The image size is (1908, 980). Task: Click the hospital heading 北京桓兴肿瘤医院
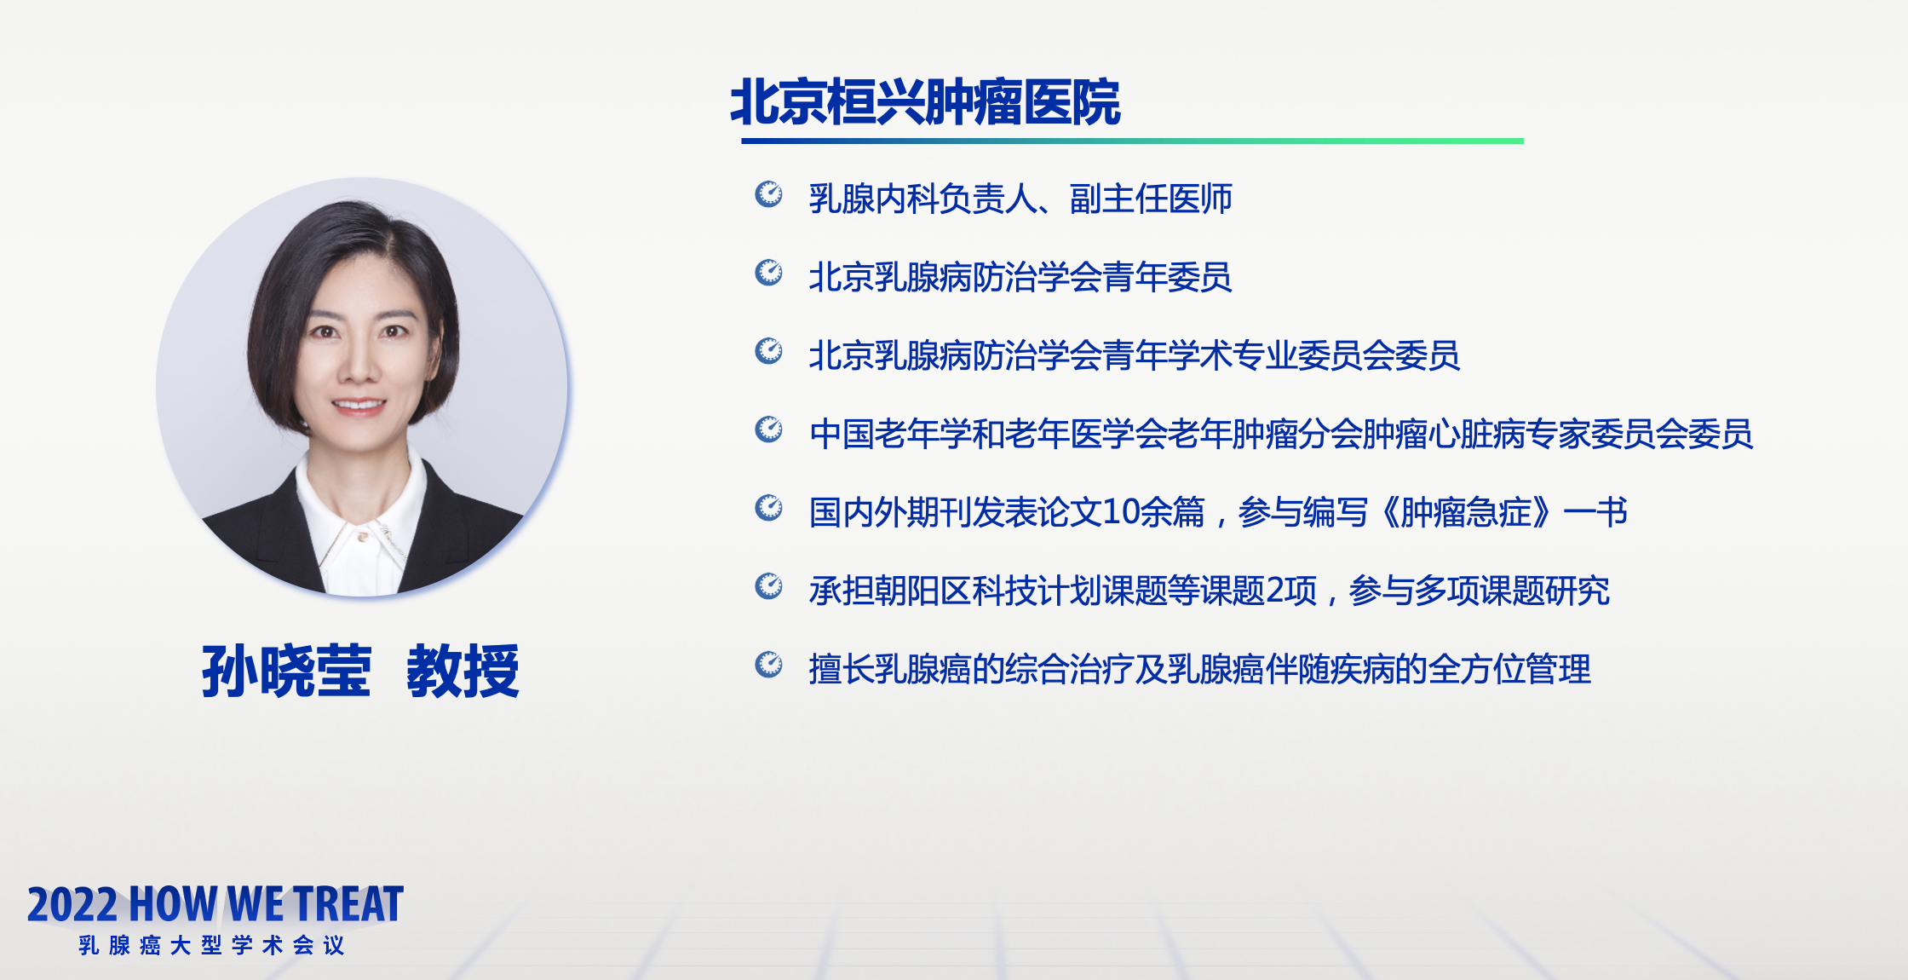tap(925, 102)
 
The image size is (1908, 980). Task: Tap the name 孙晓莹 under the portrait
tap(287, 671)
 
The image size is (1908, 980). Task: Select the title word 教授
tap(463, 671)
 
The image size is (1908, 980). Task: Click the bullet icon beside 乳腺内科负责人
tap(769, 194)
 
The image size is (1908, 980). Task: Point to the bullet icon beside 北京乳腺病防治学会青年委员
tap(769, 273)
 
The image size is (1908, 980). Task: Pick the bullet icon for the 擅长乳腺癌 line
tap(769, 665)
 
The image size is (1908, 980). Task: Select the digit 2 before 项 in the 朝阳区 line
tap(1276, 591)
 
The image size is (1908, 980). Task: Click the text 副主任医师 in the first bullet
tap(1151, 199)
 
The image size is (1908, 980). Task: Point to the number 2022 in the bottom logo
tap(72, 904)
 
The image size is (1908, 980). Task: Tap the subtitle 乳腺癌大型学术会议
tap(211, 945)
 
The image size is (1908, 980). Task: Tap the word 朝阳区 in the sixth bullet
tap(923, 591)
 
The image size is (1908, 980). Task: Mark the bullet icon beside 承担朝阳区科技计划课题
tap(769, 586)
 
